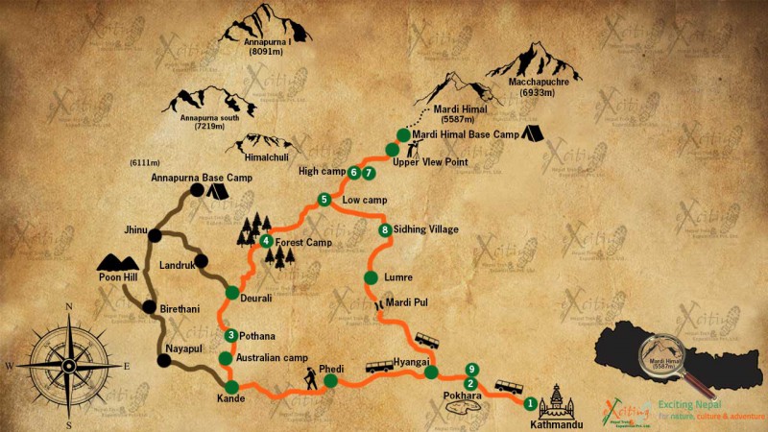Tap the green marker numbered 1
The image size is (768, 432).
click(530, 404)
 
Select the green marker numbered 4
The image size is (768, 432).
click(266, 241)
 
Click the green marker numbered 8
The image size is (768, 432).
click(385, 230)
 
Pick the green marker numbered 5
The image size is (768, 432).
click(324, 200)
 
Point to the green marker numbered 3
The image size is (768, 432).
click(231, 335)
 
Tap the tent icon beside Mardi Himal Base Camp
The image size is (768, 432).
click(534, 134)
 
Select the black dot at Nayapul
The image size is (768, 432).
click(163, 361)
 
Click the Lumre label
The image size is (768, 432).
click(397, 277)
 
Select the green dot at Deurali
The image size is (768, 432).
click(231, 293)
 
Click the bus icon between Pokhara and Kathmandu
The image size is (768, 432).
click(508, 388)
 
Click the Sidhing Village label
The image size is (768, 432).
click(426, 230)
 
